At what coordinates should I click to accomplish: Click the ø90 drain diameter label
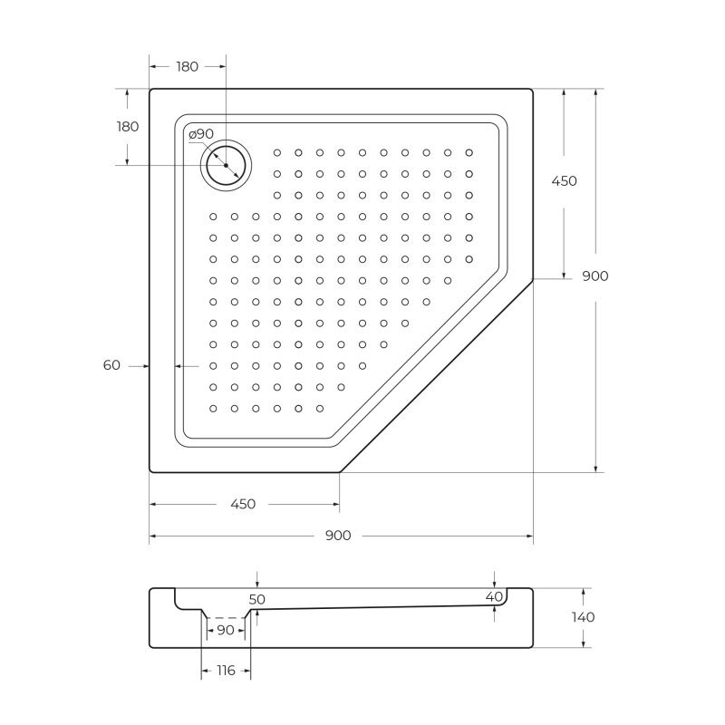pos(201,134)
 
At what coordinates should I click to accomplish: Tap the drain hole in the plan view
pos(224,165)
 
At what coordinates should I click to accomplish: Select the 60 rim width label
pos(111,365)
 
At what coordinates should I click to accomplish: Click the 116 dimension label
pos(225,671)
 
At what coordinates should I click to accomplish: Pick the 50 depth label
pos(256,599)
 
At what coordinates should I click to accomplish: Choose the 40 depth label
pos(494,596)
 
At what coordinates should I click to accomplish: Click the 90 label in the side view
pos(226,630)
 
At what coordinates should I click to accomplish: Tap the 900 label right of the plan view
pos(594,276)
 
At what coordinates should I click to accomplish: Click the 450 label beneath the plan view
pos(243,504)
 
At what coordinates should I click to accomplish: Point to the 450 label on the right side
pos(564,181)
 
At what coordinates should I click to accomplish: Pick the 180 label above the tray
pos(188,66)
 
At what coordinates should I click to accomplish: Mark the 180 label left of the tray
pos(128,127)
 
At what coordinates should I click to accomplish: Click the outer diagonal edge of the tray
pos(436,376)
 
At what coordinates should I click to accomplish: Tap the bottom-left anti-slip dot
pos(213,409)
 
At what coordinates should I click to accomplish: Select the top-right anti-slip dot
pos(469,152)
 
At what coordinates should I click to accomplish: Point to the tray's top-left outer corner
pos(150,90)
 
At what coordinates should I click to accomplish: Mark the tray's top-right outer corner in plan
pos(532,89)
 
